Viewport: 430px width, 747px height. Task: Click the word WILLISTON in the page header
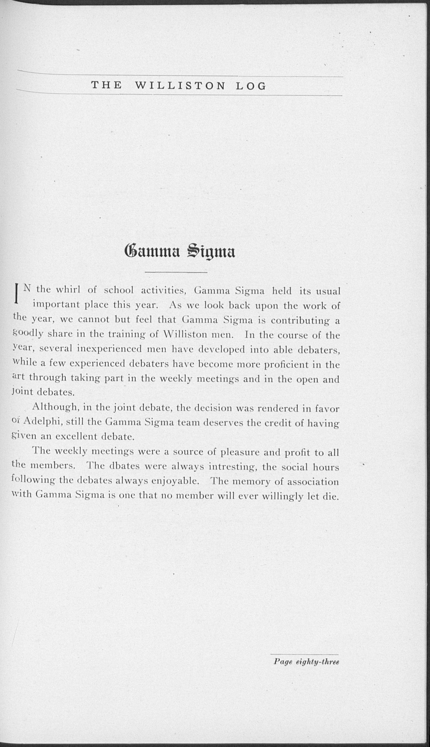pyautogui.click(x=180, y=86)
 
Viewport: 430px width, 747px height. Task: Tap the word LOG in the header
pyautogui.click(x=251, y=86)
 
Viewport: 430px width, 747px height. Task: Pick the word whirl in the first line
pyautogui.click(x=68, y=289)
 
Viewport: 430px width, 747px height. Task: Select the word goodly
pyautogui.click(x=28, y=334)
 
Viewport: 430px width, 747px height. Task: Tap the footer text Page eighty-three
pyautogui.click(x=306, y=661)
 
